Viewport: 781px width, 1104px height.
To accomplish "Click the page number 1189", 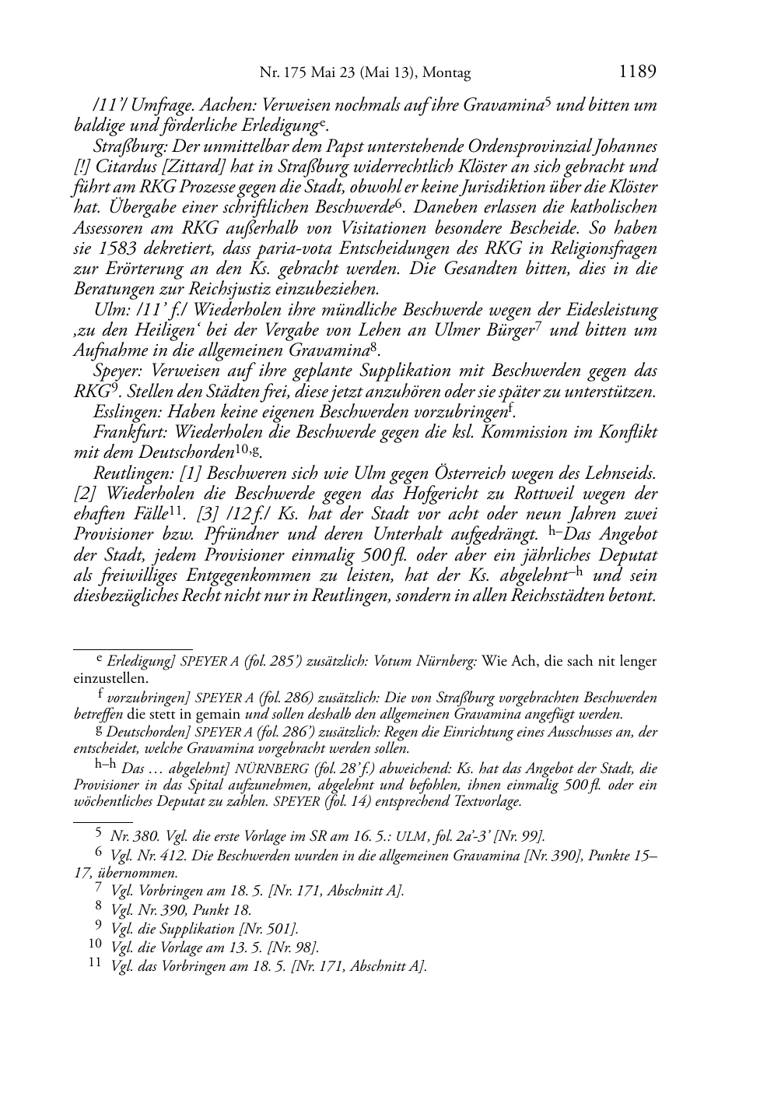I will pyautogui.click(x=637, y=72).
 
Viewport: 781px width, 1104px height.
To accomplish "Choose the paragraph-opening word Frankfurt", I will pyautogui.click(x=128, y=432).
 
